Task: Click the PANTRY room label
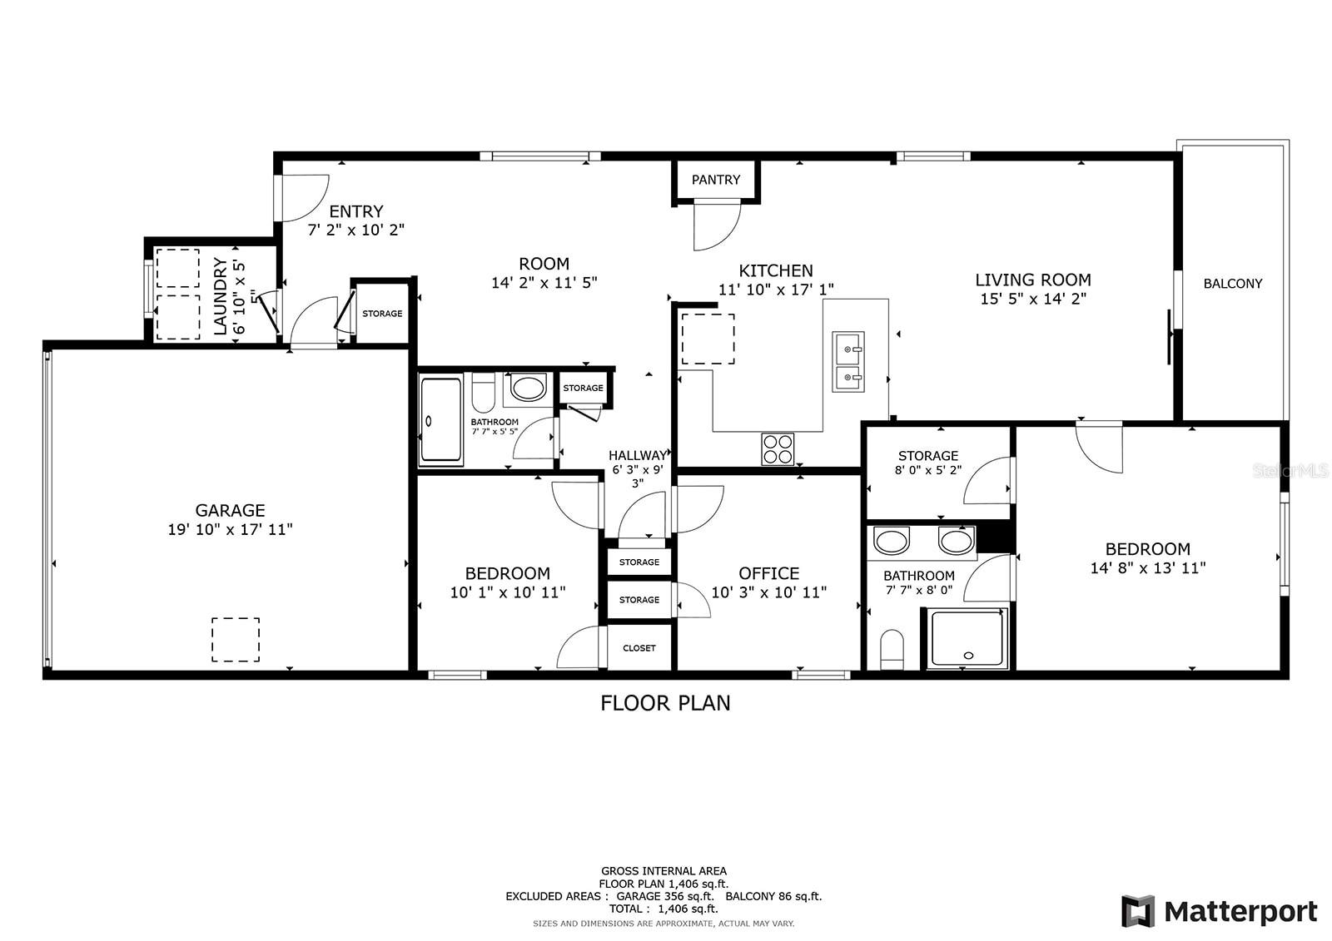[x=715, y=180]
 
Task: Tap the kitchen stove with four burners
[x=778, y=449]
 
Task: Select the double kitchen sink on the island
[x=848, y=362]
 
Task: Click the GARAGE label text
[x=230, y=510]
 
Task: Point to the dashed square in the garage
[x=236, y=640]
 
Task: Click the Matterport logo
[x=1220, y=911]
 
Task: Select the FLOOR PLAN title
[x=665, y=703]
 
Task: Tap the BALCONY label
[x=1233, y=284]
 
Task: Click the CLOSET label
[x=639, y=648]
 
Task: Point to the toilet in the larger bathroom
[x=892, y=649]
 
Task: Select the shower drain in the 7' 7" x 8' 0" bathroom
[x=968, y=656]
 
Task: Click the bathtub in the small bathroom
[x=440, y=419]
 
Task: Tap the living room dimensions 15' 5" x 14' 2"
[x=1033, y=299]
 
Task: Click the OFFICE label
[x=769, y=573]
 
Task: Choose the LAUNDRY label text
[x=221, y=296]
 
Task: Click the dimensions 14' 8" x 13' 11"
[x=1148, y=567]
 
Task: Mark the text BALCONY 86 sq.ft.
[x=773, y=896]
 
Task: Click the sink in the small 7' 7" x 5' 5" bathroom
[x=529, y=389]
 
